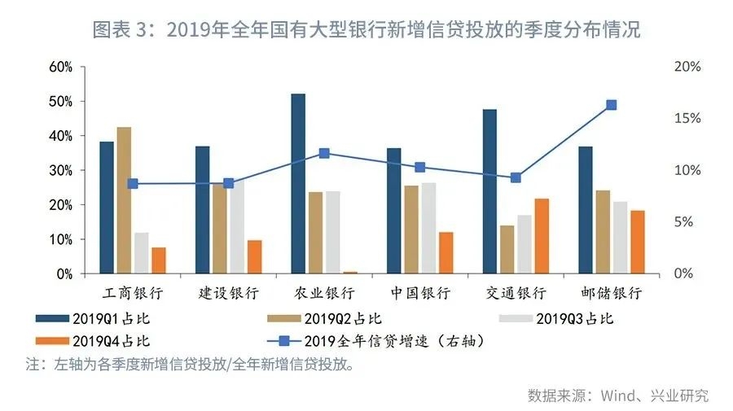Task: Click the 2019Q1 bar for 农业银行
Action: pyautogui.click(x=298, y=184)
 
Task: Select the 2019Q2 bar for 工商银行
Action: pyautogui.click(x=124, y=200)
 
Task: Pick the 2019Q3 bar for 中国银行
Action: pyautogui.click(x=429, y=228)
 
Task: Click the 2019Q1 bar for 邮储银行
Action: pyautogui.click(x=586, y=210)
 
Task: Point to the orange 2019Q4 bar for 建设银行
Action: pyautogui.click(x=254, y=257)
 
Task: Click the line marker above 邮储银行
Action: pyautogui.click(x=611, y=105)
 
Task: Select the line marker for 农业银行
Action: pyautogui.click(x=324, y=153)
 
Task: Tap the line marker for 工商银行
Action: pyautogui.click(x=133, y=184)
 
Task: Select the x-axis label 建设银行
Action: pyautogui.click(x=229, y=293)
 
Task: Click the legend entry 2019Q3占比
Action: pyautogui.click(x=575, y=318)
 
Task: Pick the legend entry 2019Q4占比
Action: pyautogui.click(x=111, y=341)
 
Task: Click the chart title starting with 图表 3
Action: pyautogui.click(x=366, y=31)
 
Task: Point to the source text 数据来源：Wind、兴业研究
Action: pyautogui.click(x=617, y=396)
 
